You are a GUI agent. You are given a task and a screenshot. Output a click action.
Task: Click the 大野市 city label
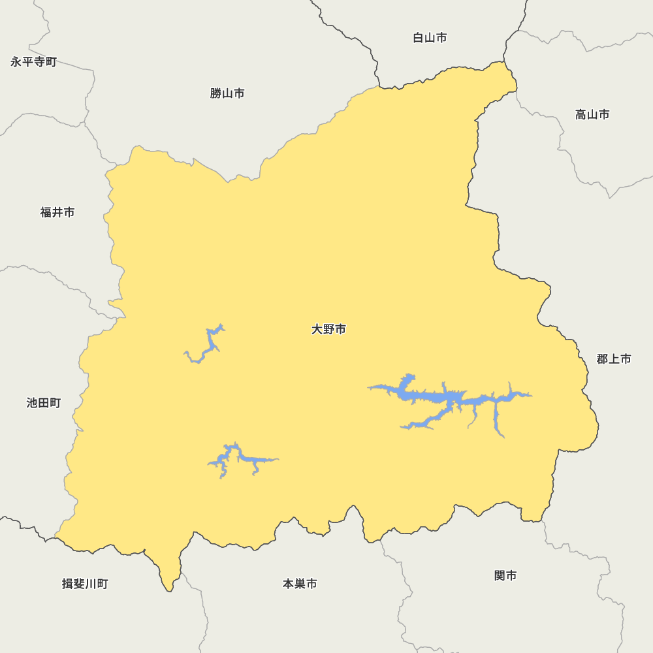(328, 329)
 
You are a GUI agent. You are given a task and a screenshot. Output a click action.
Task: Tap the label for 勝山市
(227, 93)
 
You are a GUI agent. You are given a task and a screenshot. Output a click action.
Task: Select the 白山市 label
(430, 38)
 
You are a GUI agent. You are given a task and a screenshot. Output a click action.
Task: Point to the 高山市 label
(592, 115)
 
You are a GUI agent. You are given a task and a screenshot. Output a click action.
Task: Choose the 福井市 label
(57, 212)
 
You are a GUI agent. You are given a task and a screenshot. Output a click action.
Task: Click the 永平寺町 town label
(33, 62)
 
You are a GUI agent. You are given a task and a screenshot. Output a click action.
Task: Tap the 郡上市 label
(614, 359)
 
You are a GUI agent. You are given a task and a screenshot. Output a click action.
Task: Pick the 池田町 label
(44, 403)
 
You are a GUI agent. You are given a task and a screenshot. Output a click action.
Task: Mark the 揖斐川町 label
(85, 584)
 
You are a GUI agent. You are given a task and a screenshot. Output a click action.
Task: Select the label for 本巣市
(300, 584)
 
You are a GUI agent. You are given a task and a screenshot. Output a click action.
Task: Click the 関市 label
(505, 575)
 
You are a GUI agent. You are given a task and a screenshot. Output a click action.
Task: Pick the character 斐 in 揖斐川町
(79, 584)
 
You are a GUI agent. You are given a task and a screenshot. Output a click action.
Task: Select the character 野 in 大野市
(328, 329)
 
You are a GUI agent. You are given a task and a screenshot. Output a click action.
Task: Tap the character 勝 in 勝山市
(216, 93)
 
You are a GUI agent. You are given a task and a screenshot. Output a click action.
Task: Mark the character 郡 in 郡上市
(602, 359)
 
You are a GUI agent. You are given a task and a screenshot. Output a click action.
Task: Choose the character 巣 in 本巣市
(300, 584)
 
